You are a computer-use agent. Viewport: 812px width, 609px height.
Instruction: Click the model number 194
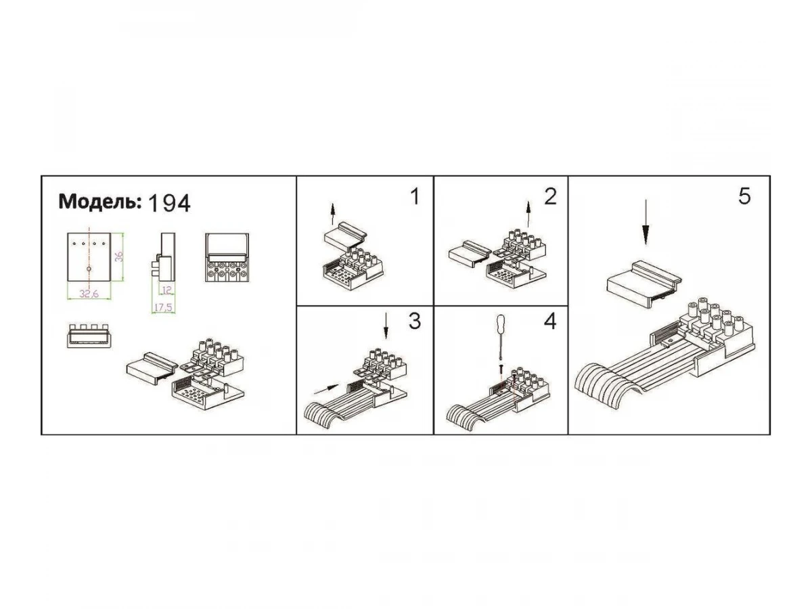pyautogui.click(x=169, y=204)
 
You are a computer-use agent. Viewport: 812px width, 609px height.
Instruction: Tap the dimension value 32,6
pyautogui.click(x=89, y=294)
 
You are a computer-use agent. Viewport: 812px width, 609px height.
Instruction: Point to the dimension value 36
pyautogui.click(x=119, y=256)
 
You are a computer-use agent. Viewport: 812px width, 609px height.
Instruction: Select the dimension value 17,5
pyautogui.click(x=163, y=307)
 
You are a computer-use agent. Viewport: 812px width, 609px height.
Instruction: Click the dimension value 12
pyautogui.click(x=167, y=290)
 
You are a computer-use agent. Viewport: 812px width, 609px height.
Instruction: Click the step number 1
pyautogui.click(x=415, y=196)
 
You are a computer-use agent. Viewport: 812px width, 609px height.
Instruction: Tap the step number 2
pyautogui.click(x=550, y=196)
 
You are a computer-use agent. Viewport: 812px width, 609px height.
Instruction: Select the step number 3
pyautogui.click(x=415, y=321)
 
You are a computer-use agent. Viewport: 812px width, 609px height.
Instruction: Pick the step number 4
pyautogui.click(x=550, y=321)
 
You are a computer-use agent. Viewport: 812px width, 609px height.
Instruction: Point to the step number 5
pyautogui.click(x=745, y=196)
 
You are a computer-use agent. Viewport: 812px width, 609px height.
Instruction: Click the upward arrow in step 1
pyautogui.click(x=333, y=214)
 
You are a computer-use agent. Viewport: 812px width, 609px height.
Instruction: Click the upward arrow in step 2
pyautogui.click(x=528, y=214)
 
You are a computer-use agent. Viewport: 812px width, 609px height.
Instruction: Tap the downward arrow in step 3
pyautogui.click(x=386, y=325)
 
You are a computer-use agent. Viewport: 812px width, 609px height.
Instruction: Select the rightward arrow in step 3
pyautogui.click(x=326, y=388)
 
